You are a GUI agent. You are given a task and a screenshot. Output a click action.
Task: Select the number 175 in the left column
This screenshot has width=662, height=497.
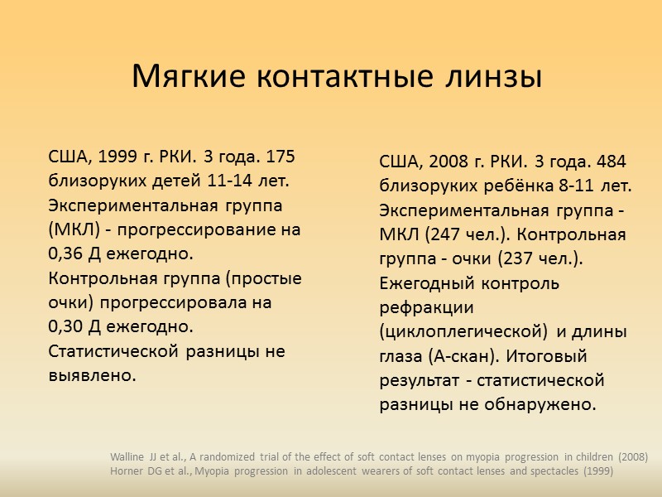[280, 157]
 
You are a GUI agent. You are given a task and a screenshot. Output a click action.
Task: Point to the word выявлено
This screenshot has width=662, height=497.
[92, 375]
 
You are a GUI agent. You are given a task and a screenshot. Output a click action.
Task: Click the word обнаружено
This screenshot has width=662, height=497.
[544, 405]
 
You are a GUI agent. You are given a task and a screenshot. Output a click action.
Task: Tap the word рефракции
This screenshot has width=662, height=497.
[426, 307]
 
